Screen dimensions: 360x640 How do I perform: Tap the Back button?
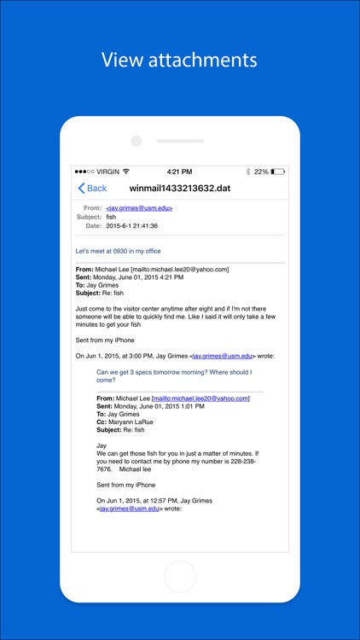pos(92,188)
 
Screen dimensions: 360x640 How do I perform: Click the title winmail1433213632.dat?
pos(179,188)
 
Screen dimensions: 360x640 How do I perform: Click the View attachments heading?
pos(179,60)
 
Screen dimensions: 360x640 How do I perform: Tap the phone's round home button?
pos(179,576)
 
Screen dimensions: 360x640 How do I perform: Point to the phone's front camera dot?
pos(136,141)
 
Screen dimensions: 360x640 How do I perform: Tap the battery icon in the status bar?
pos(277,172)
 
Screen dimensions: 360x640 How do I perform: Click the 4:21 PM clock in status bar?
pos(179,172)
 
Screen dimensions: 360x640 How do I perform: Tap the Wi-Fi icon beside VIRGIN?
pos(126,172)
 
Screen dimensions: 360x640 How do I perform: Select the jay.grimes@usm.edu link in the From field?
pos(139,208)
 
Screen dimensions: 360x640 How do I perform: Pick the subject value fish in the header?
pos(111,217)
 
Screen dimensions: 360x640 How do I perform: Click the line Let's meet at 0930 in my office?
pos(118,251)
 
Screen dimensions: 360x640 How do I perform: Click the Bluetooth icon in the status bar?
pos(248,172)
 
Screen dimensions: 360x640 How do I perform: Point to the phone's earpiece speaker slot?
pos(180,141)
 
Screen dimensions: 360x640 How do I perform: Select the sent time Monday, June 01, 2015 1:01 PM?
pos(161,405)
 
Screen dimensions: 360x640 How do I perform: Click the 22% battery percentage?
pos(261,172)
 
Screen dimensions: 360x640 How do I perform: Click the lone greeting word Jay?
pos(102,445)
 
